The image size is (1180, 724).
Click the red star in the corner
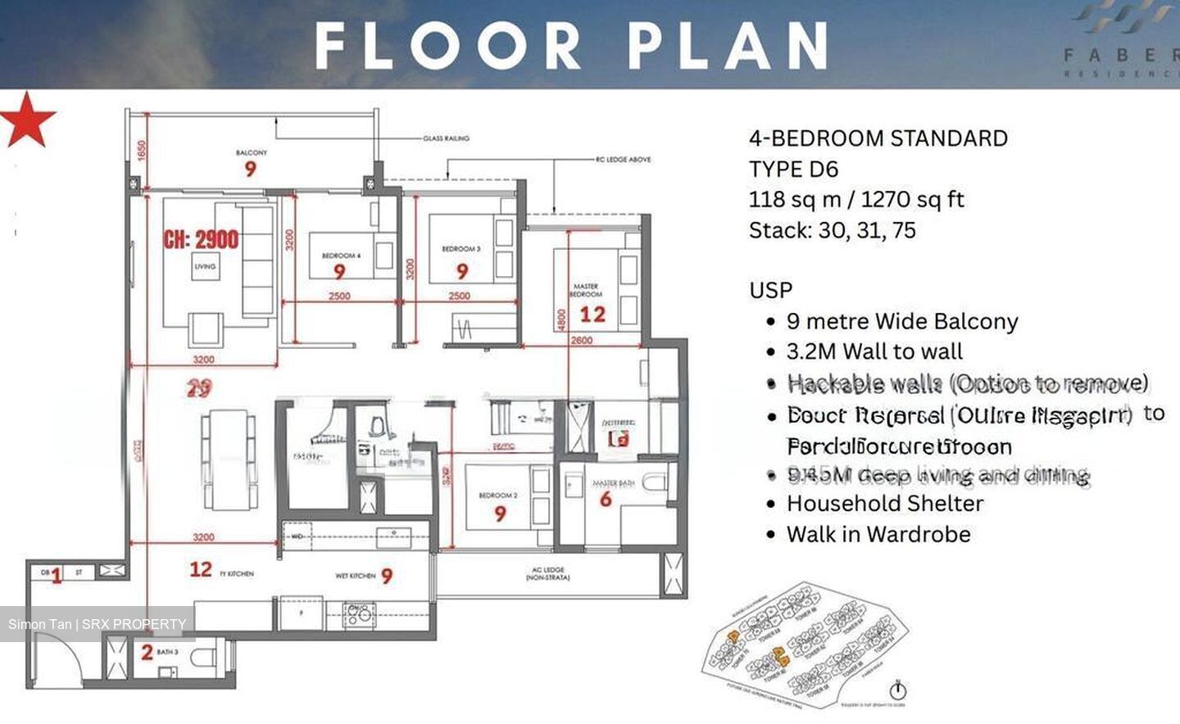coord(27,120)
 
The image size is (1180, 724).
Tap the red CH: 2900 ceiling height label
coord(201,239)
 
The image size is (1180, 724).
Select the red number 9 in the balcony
coord(251,169)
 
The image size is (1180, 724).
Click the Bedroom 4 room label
coord(341,256)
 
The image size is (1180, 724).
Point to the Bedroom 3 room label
coord(461,248)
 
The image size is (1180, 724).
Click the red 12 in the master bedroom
coord(592,314)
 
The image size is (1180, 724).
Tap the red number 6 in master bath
coord(606,499)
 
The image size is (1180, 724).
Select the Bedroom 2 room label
coord(498,495)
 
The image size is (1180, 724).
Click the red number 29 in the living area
coord(198,388)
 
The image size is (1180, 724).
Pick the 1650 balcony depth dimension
coord(142,151)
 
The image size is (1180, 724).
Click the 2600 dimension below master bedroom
coord(582,340)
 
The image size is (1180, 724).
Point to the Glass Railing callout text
coord(446,138)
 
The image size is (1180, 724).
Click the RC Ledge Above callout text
coord(623,160)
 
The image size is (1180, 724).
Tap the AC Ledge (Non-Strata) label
coord(548,573)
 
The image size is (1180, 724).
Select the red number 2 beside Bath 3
coord(147,653)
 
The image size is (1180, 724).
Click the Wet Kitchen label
coord(356,576)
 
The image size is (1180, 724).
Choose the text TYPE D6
coord(793,170)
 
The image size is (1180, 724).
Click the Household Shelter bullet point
coord(884,503)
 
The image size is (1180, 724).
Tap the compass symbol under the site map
coord(898,690)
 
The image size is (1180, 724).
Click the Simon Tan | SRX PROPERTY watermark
coord(98,624)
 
